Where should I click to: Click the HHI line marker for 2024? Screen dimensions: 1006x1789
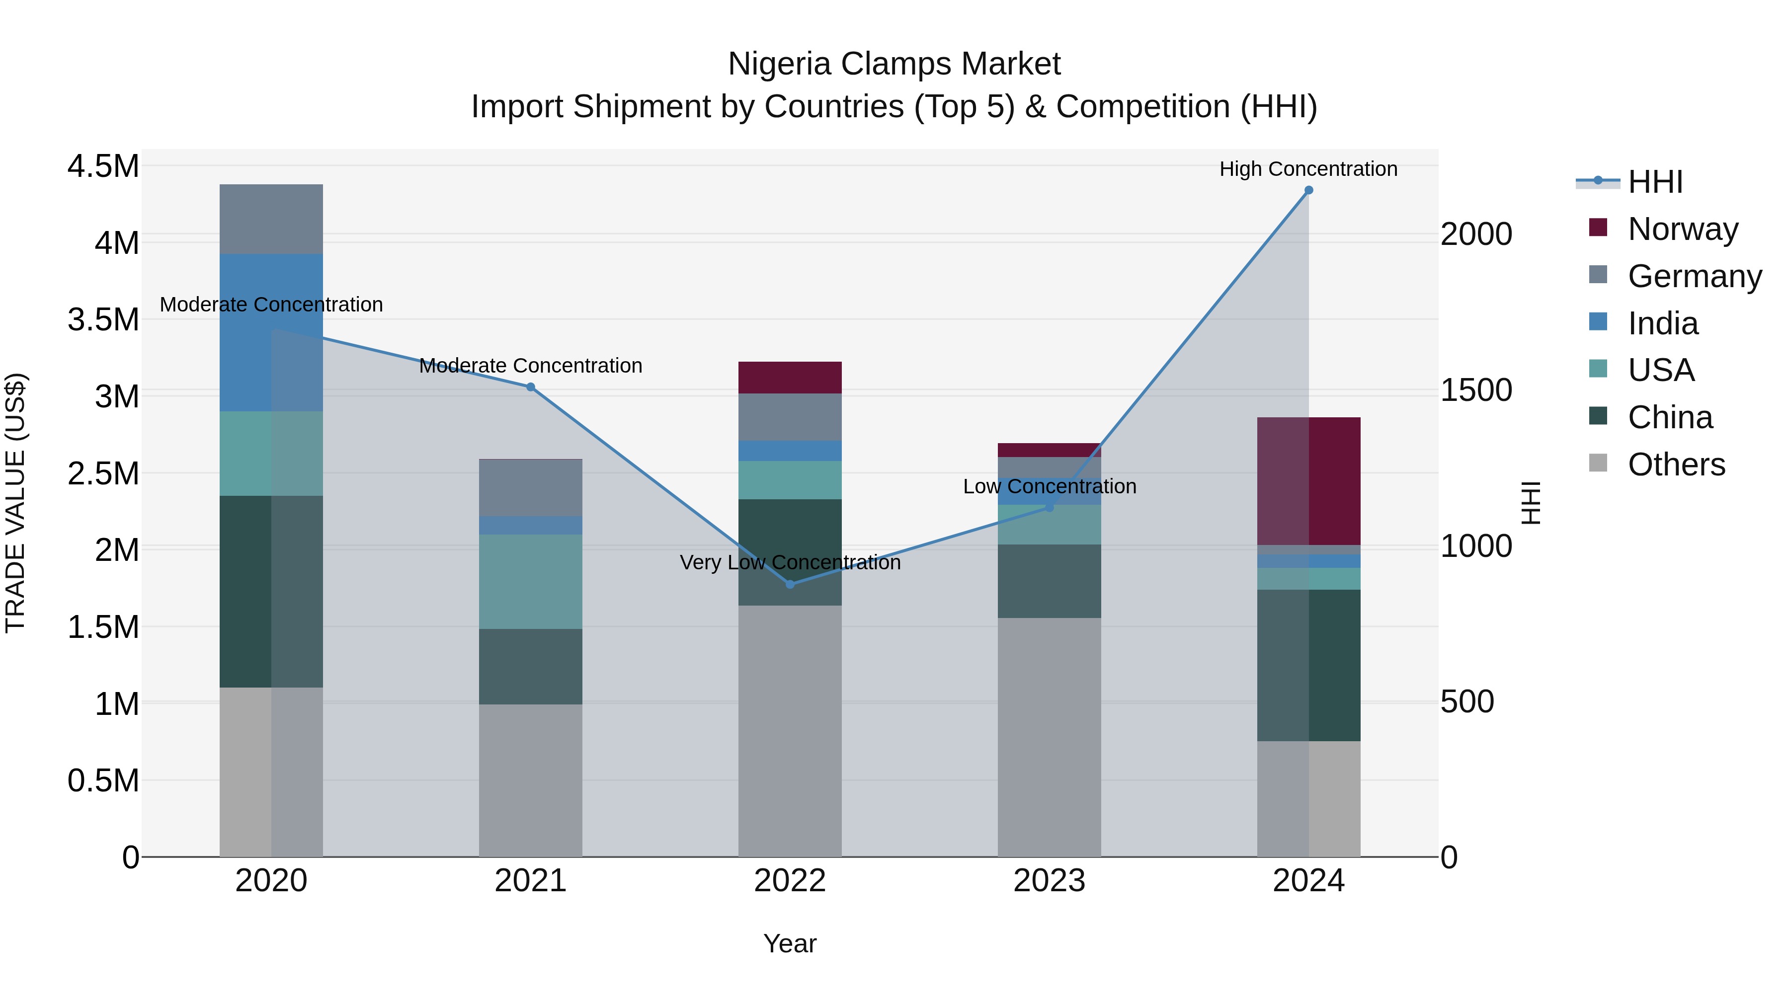(x=1308, y=190)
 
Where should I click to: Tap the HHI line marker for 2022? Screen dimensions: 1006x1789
(x=790, y=584)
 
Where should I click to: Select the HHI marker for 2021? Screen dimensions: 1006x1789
(x=531, y=387)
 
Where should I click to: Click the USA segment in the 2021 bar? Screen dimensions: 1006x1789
(x=531, y=581)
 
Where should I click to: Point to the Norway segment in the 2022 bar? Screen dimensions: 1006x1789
(x=790, y=378)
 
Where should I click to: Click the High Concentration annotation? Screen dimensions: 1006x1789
(x=1308, y=169)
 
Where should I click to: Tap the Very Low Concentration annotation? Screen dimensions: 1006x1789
(x=790, y=562)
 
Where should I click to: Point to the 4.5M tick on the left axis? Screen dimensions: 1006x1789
(x=103, y=166)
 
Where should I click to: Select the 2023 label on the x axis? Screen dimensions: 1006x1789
(x=1049, y=881)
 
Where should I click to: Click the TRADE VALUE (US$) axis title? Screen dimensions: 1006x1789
(x=15, y=503)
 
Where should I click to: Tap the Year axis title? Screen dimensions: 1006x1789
(x=790, y=943)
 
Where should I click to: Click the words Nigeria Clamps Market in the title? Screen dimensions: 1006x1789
(x=894, y=64)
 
